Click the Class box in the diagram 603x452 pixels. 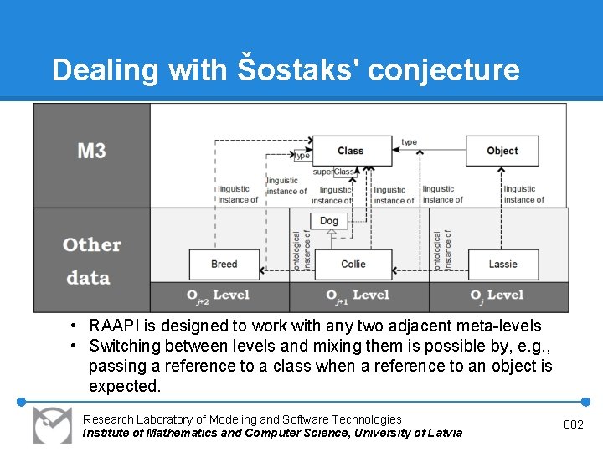coord(350,151)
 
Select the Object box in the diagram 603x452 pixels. coord(502,151)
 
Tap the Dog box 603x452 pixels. coord(329,221)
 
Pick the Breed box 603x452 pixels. coord(224,264)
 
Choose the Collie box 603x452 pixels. coord(353,264)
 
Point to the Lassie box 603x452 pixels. coord(502,264)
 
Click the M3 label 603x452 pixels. coord(91,151)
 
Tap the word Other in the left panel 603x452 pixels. coord(92,245)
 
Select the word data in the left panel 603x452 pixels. coord(88,278)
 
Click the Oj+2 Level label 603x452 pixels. coord(218,295)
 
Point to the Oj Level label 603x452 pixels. coord(496,295)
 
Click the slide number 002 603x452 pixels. coord(574,425)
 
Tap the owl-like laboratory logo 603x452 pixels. coord(52,424)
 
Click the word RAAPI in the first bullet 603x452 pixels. coord(117,326)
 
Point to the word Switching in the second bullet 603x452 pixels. coord(125,346)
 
